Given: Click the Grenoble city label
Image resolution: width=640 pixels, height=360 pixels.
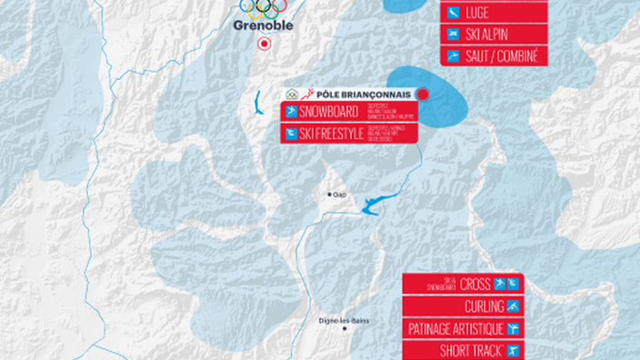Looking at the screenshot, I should [263, 25].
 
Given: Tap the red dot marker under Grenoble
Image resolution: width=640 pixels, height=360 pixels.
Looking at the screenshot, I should [264, 43].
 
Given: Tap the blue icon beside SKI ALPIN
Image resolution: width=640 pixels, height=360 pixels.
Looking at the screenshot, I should [452, 35].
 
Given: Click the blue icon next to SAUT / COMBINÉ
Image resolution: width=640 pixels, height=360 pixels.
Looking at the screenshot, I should [452, 56].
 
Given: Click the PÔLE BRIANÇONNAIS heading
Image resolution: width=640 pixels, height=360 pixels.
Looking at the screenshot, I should [365, 94].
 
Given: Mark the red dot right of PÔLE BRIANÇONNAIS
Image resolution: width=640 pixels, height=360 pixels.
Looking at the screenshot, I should [422, 94].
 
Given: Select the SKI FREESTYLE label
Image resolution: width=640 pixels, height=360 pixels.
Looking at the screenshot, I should [335, 134].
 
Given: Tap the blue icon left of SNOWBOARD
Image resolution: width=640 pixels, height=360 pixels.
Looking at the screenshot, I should [291, 113].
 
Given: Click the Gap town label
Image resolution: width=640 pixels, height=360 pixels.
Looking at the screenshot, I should [340, 195].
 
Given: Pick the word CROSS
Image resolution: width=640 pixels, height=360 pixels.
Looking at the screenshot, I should [475, 285].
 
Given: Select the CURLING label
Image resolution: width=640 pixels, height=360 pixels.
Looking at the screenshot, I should [484, 306].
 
